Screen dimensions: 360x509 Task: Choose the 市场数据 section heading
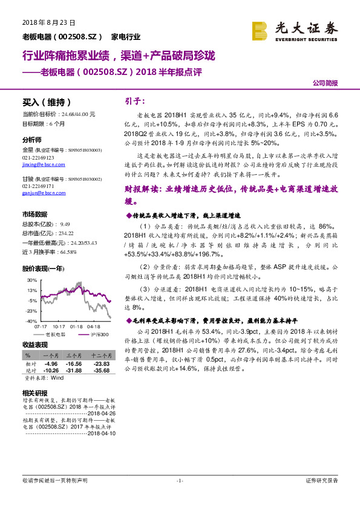(x=34, y=215)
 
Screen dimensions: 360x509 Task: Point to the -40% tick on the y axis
(x=31, y=322)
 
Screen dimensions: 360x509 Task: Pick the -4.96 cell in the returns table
(x=51, y=364)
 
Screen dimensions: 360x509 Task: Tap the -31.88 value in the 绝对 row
(x=74, y=371)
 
